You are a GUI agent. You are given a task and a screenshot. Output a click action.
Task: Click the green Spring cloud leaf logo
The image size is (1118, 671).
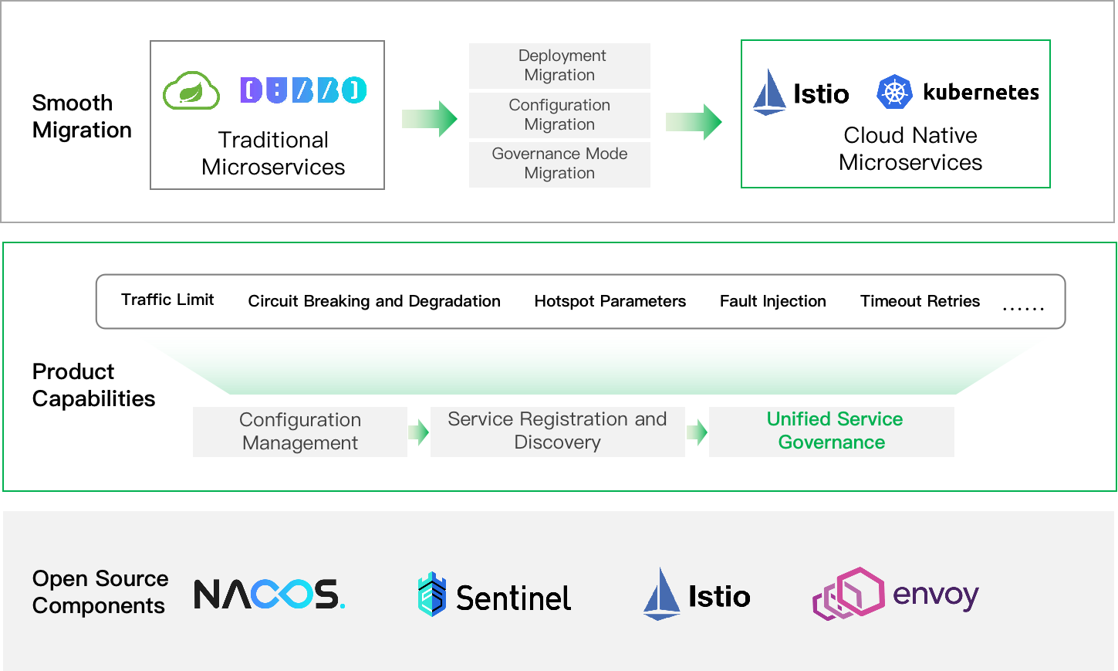tap(191, 90)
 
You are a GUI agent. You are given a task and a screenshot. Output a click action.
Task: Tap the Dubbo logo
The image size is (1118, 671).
tap(303, 90)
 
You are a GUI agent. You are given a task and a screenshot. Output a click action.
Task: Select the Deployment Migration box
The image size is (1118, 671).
tap(559, 66)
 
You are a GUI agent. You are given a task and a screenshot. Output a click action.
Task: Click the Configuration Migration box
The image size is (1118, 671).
tap(559, 115)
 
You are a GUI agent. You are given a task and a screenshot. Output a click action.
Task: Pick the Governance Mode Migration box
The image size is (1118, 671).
tap(559, 164)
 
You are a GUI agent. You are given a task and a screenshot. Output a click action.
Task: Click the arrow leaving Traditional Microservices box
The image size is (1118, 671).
tap(430, 119)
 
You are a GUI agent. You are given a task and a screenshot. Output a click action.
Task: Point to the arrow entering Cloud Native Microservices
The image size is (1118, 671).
tap(694, 122)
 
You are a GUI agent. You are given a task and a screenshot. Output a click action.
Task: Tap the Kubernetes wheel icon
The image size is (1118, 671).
tap(894, 91)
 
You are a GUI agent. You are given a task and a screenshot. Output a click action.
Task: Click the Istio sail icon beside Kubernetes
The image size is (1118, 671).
tap(769, 93)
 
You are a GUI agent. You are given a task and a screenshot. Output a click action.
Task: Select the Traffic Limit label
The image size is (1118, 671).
tap(167, 300)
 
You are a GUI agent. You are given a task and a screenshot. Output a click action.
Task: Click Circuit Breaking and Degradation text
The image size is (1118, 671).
tap(374, 301)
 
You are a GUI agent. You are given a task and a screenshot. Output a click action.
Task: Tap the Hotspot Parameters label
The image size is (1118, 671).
tap(610, 301)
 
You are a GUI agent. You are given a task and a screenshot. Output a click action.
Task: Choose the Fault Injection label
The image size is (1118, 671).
tap(772, 301)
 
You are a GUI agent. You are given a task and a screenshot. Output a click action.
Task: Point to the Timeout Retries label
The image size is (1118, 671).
tap(920, 301)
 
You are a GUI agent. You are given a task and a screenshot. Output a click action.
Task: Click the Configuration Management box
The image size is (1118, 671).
tap(300, 432)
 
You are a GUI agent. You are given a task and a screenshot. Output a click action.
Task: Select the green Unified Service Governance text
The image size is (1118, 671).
tap(834, 431)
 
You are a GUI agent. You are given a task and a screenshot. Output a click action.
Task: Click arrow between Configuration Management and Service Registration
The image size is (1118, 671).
tap(419, 432)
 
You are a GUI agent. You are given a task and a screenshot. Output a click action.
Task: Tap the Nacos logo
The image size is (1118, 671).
tap(269, 594)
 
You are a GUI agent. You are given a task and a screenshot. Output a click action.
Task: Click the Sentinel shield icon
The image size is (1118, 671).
tap(432, 594)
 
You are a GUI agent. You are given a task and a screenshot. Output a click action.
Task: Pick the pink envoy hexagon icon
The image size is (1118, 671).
tap(849, 594)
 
